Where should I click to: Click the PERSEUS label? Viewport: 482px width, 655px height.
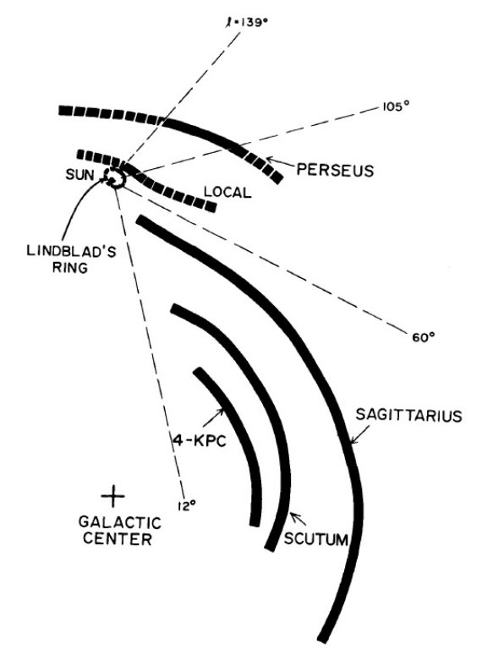pyautogui.click(x=335, y=171)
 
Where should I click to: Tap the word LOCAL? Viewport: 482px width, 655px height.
pyautogui.click(x=227, y=192)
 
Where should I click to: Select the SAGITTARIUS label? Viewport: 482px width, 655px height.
pyautogui.click(x=408, y=415)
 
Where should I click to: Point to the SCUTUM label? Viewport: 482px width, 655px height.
pyautogui.click(x=316, y=539)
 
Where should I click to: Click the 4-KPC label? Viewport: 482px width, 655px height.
pyautogui.click(x=200, y=440)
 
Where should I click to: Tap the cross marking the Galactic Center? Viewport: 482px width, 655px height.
pyautogui.click(x=112, y=496)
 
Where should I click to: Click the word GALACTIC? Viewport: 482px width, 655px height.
pyautogui.click(x=120, y=522)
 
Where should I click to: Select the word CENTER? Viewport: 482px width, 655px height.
pyautogui.click(x=118, y=539)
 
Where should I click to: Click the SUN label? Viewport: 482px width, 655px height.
pyautogui.click(x=79, y=175)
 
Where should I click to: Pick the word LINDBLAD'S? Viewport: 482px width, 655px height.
pyautogui.click(x=72, y=252)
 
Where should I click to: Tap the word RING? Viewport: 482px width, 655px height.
pyautogui.click(x=70, y=267)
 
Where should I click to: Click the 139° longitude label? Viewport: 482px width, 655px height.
pyautogui.click(x=244, y=21)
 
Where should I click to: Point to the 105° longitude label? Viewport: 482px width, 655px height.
pyautogui.click(x=395, y=106)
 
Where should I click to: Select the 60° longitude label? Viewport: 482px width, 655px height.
pyautogui.click(x=421, y=336)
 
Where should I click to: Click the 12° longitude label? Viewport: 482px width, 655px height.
pyautogui.click(x=187, y=506)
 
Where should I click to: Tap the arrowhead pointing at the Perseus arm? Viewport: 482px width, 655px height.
pyautogui.click(x=268, y=159)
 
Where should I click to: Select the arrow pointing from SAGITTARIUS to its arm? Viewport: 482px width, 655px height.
pyautogui.click(x=359, y=434)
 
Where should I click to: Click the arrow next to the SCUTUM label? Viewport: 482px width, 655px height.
pyautogui.click(x=299, y=519)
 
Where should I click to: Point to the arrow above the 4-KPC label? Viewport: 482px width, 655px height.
pyautogui.click(x=214, y=418)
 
